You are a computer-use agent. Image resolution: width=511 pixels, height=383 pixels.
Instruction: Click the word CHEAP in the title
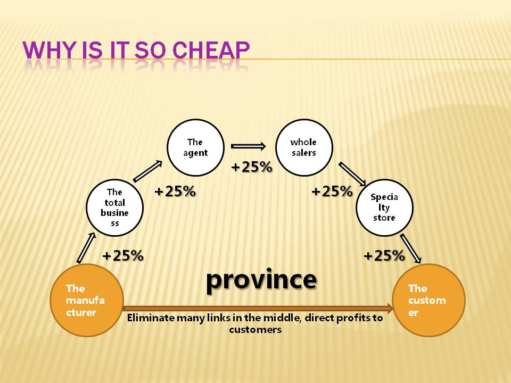click(x=211, y=50)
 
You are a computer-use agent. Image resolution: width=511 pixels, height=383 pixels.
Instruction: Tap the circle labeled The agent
click(x=195, y=147)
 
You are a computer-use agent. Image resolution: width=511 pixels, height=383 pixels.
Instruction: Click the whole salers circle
click(x=304, y=147)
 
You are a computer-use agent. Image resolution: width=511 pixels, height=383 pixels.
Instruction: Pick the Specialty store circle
click(x=384, y=207)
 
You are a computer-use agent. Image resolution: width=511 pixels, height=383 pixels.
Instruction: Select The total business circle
click(x=115, y=207)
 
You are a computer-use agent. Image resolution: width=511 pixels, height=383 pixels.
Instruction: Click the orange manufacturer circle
click(x=87, y=300)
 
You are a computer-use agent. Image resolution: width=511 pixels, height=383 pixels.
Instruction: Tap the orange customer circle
click(x=429, y=300)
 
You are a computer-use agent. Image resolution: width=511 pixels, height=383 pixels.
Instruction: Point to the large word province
click(x=261, y=280)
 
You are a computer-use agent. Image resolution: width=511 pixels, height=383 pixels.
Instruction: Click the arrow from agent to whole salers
click(x=249, y=146)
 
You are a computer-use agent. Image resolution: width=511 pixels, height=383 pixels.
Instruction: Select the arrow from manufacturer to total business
click(x=86, y=248)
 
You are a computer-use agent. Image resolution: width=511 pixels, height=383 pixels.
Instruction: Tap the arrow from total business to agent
click(x=147, y=171)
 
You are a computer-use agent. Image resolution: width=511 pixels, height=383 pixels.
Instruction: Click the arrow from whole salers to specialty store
click(x=352, y=174)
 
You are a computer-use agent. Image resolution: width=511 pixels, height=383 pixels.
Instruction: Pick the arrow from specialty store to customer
click(x=410, y=248)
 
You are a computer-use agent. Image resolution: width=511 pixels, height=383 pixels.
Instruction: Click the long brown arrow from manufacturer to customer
click(x=258, y=308)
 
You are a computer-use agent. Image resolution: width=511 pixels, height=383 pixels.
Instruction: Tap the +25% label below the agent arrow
click(x=252, y=166)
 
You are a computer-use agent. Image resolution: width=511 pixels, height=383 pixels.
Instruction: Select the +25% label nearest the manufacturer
click(x=123, y=256)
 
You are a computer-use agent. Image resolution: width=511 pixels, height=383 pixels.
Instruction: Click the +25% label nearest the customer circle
click(x=384, y=256)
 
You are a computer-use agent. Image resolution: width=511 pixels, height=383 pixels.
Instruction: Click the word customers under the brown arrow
click(x=255, y=330)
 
